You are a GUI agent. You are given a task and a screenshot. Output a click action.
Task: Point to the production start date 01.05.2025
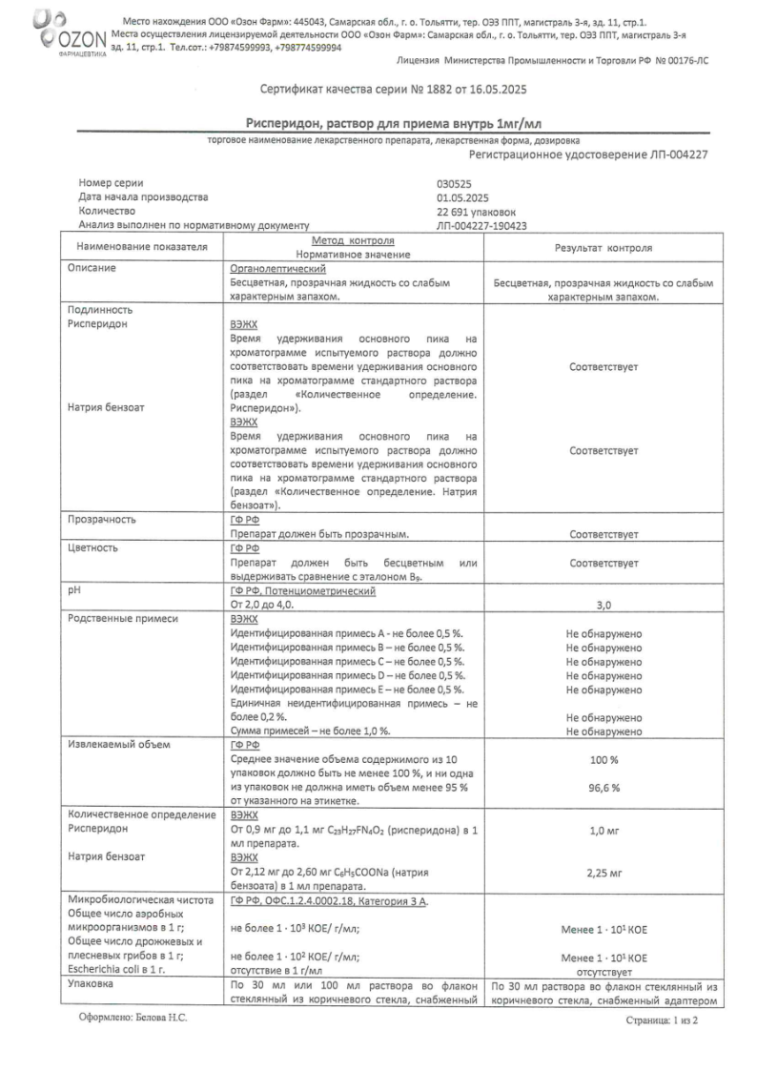coord(461,197)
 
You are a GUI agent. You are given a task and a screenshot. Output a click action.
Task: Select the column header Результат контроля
coord(604,247)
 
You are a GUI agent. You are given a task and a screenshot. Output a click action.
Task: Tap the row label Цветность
coord(92,548)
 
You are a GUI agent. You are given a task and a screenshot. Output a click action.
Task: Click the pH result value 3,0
coord(604,605)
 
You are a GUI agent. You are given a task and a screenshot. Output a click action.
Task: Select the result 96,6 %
coord(604,788)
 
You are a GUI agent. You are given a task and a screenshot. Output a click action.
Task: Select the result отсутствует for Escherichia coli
coord(604,969)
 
